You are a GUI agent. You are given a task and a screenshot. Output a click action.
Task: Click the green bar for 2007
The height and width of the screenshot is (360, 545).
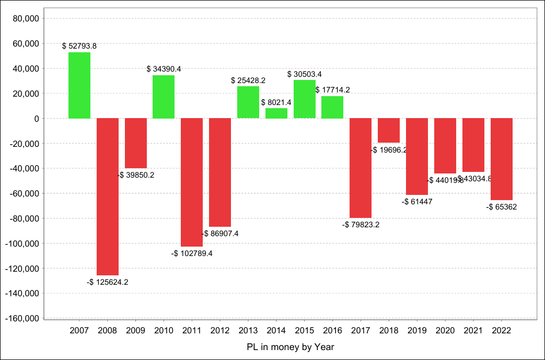pyautogui.click(x=79, y=85)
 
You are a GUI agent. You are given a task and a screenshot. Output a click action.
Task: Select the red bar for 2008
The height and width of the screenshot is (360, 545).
pyautogui.click(x=108, y=196)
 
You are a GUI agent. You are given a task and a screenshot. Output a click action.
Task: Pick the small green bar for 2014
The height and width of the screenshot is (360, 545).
pyautogui.click(x=276, y=113)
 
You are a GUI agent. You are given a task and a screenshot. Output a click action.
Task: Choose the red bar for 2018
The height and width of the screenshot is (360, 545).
pyautogui.click(x=389, y=131)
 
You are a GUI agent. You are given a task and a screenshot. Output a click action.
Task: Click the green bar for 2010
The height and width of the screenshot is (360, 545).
pyautogui.click(x=164, y=97)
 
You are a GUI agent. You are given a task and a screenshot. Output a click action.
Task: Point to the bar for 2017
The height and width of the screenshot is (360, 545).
pyautogui.click(x=361, y=168)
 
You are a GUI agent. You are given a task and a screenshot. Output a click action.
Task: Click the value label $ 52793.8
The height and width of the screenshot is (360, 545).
pyautogui.click(x=79, y=46)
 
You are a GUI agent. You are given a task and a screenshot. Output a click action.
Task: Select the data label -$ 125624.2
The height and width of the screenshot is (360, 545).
pyautogui.click(x=108, y=282)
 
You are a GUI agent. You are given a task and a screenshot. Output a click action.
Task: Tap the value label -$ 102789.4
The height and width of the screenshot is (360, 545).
pyautogui.click(x=192, y=253)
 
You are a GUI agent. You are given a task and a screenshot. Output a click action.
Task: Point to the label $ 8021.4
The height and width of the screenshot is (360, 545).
pyautogui.click(x=276, y=102)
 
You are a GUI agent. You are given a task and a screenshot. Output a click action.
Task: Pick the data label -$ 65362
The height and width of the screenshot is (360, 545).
pyautogui.click(x=502, y=207)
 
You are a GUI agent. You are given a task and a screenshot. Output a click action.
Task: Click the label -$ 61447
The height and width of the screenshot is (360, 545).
pyautogui.click(x=417, y=202)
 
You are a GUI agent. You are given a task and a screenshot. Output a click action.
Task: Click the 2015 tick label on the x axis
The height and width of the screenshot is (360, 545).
pyautogui.click(x=305, y=330)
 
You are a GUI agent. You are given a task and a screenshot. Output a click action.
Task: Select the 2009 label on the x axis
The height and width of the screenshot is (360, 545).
pyautogui.click(x=135, y=330)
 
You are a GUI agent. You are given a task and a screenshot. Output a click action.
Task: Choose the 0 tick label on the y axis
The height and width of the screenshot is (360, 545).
pyautogui.click(x=37, y=119)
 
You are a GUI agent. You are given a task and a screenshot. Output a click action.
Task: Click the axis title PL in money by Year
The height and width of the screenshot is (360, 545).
pyautogui.click(x=290, y=346)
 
